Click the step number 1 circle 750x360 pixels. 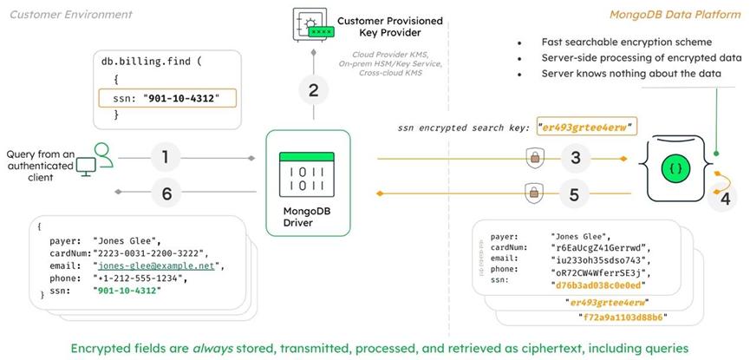(165, 159)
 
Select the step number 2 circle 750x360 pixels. (313, 88)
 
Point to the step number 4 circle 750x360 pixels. (724, 197)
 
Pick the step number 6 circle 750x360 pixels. (165, 193)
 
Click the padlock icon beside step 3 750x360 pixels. (534, 158)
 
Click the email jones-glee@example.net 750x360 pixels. (157, 265)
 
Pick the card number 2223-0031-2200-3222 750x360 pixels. (150, 252)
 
